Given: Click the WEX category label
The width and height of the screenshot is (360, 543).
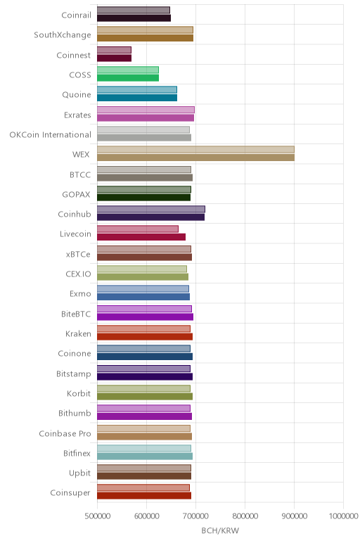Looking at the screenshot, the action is [81, 155].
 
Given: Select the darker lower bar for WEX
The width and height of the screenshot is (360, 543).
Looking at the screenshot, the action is [195, 158].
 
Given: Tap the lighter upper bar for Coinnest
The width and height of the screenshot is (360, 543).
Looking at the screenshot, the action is [114, 50].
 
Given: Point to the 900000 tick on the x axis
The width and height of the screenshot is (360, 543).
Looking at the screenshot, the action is [294, 516].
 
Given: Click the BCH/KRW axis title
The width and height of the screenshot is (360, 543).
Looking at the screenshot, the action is [220, 530].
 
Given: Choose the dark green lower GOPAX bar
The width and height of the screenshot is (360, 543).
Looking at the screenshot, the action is [143, 198].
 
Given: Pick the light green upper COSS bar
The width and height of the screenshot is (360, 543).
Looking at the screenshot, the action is [128, 70].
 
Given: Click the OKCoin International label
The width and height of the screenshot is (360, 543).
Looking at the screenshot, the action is [51, 135].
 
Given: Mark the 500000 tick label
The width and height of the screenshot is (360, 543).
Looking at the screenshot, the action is [98, 516].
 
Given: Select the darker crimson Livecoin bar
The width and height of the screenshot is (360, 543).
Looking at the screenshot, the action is [141, 237].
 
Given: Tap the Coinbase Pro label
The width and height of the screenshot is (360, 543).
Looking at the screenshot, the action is [65, 433].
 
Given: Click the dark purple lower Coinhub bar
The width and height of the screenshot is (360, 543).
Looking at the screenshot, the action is [150, 217].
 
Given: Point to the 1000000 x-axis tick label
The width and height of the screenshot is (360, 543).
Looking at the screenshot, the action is [343, 516].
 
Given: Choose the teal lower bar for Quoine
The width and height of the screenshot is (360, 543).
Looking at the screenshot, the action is [137, 98].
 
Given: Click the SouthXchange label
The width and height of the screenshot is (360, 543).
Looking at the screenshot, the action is [63, 35].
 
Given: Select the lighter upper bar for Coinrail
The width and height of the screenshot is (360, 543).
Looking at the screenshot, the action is [134, 10].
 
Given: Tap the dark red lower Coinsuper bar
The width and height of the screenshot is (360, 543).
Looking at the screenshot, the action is [144, 496].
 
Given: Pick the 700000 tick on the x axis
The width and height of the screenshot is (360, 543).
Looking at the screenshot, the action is [195, 516].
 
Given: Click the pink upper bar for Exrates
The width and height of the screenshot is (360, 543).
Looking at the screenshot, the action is [146, 110].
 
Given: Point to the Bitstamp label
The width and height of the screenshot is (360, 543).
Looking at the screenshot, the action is [74, 374].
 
